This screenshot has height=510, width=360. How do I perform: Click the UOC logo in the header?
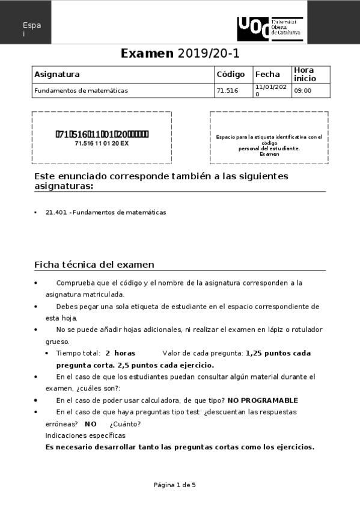[270, 29]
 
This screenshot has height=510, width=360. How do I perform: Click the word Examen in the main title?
[147, 53]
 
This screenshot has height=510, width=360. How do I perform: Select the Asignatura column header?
[57, 75]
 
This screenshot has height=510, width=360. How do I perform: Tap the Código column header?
[230, 75]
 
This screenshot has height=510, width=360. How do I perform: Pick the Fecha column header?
[267, 75]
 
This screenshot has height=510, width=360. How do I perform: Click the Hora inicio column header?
[304, 75]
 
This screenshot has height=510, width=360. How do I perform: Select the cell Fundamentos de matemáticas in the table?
[81, 91]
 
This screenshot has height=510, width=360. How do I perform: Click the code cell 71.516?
[227, 91]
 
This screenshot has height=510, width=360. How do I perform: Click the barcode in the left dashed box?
[102, 134]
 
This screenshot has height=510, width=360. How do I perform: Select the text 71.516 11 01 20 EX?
[102, 144]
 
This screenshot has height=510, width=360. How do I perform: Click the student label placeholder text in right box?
[269, 145]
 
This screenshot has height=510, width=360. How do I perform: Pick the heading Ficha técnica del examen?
[94, 265]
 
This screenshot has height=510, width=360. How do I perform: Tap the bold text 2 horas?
[120, 354]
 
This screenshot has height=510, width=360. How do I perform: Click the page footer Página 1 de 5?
[175, 485]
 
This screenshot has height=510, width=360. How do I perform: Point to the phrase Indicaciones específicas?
[85, 435]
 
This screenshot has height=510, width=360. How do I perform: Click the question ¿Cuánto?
[123, 423]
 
